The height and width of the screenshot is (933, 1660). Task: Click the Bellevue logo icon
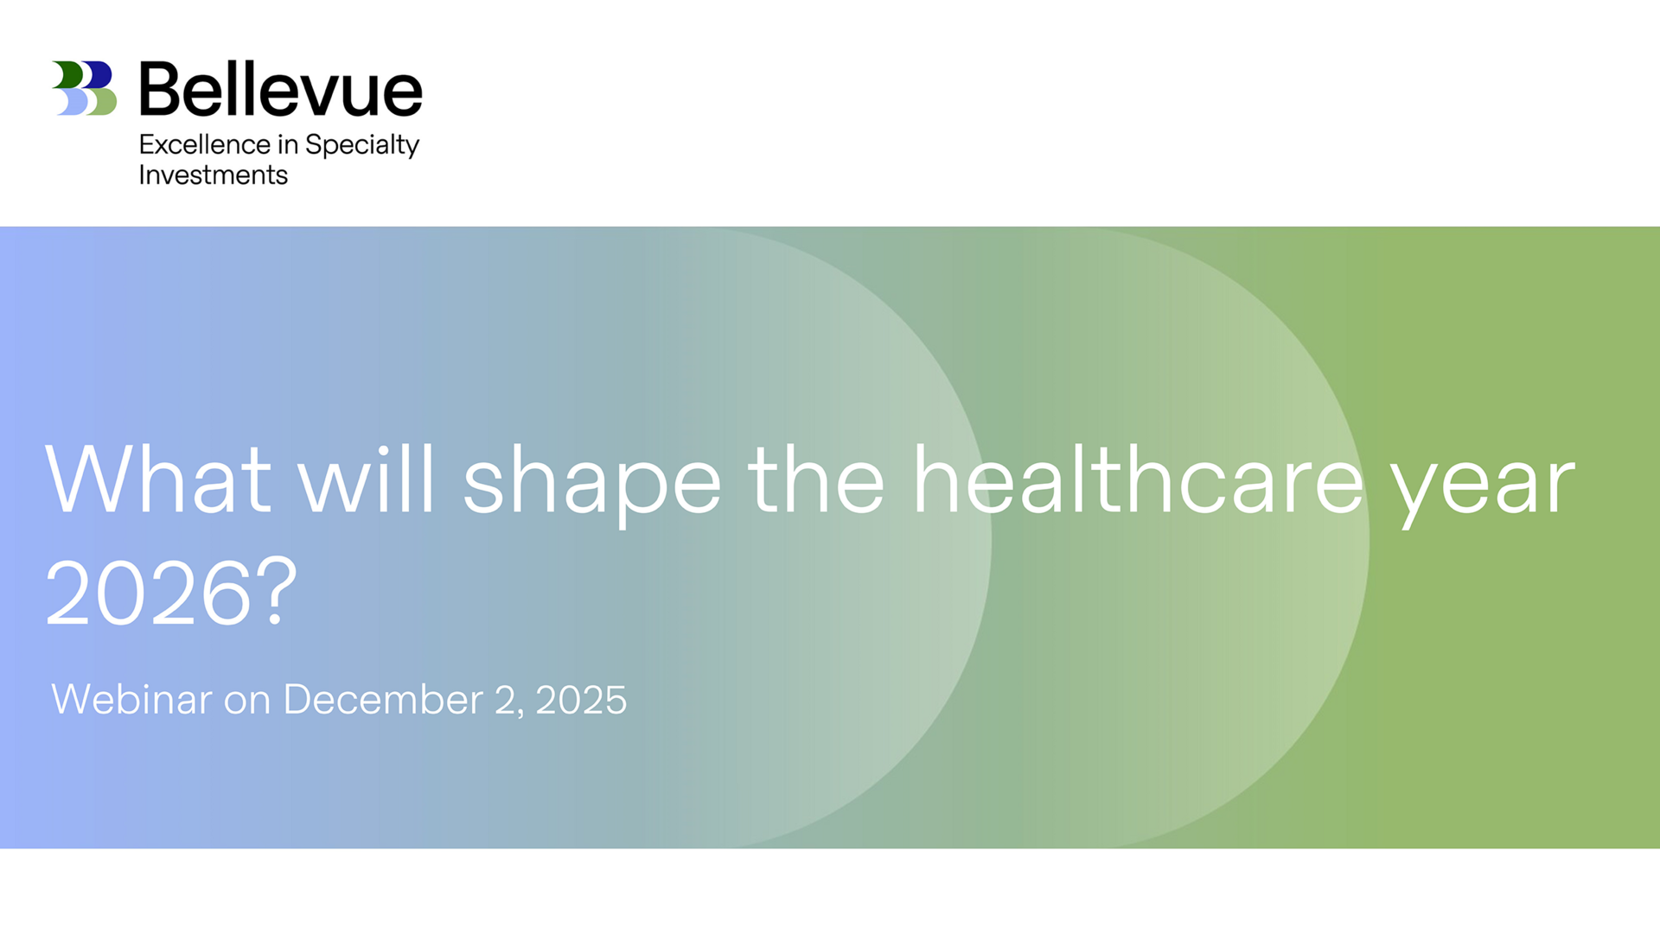85,88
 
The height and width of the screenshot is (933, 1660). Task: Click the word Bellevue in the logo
281,89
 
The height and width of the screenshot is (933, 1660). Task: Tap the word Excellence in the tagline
205,144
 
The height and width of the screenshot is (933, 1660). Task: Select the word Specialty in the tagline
362,145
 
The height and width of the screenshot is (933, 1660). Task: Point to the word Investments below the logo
214,175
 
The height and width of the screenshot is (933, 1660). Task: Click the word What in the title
158,480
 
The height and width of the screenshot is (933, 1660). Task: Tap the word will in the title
366,479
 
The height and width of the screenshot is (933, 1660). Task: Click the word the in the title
816,479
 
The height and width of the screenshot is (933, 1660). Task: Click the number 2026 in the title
148,593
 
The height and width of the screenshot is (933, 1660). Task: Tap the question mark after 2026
277,592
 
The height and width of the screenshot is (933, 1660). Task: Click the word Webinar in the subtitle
131,700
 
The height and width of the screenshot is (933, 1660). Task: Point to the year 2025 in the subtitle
581,701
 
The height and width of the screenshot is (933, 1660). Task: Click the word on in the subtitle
247,703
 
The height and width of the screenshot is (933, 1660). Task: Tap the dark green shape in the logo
68,75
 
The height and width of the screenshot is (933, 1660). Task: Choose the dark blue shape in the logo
98,75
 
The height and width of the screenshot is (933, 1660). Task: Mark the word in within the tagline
288,144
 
